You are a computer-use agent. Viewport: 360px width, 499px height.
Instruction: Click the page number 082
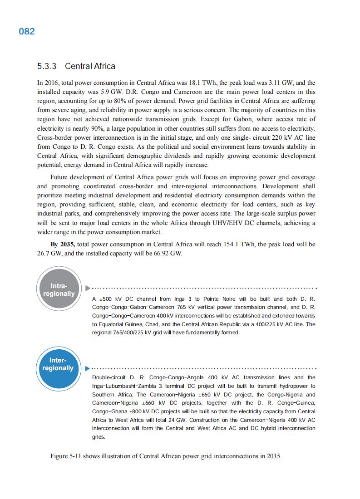27,32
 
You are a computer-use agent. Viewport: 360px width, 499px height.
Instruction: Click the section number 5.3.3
47,66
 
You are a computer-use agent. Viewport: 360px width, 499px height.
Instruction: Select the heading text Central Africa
90,66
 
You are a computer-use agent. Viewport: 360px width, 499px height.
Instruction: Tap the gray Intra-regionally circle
59,290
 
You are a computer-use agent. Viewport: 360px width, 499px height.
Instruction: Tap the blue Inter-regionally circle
59,364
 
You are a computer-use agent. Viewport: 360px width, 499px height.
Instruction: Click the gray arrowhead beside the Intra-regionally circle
87,288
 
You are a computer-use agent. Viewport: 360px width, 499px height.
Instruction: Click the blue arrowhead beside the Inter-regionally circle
87,368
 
